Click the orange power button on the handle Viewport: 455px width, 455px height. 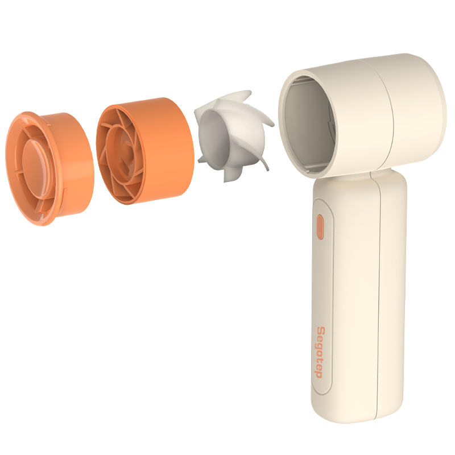click(320, 227)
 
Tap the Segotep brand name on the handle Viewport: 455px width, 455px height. click(320, 353)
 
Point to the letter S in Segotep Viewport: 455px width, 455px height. click(321, 330)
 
